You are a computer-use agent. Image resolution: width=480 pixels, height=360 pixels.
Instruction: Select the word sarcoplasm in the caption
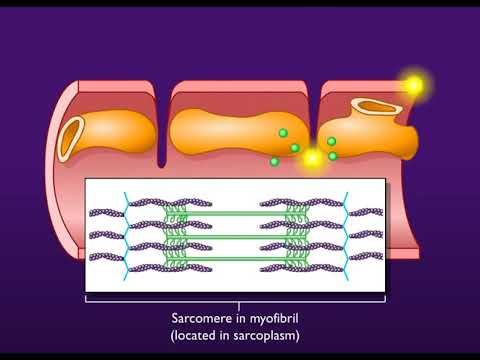(269, 336)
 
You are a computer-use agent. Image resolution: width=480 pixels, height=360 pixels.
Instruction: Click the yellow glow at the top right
(413, 86)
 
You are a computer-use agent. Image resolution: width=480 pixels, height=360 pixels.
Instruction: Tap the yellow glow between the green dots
(313, 157)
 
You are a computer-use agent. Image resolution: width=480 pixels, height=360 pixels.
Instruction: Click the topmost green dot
(283, 132)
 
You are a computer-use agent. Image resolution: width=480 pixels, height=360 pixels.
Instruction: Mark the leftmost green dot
(274, 161)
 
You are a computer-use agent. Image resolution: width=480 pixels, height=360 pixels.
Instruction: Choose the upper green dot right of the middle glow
(332, 141)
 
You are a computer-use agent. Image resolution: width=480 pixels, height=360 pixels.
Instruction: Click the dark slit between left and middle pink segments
(164, 125)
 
